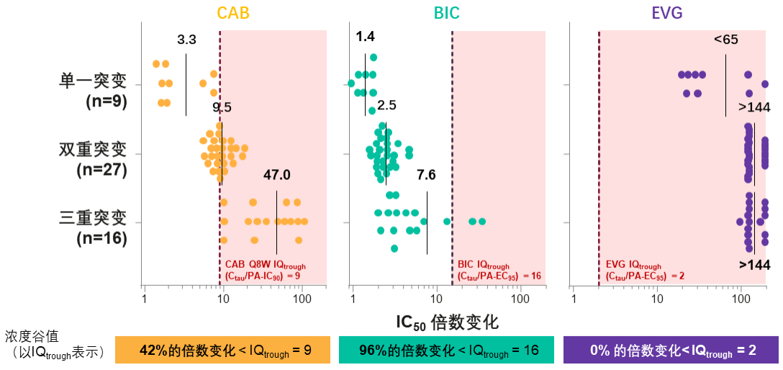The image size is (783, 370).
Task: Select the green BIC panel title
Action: pos(446,13)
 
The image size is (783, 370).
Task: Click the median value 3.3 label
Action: pos(186,40)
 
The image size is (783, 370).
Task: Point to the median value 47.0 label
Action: pos(276,175)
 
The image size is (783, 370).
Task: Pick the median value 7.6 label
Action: pos(426,175)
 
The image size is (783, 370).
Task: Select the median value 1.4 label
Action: pos(365,36)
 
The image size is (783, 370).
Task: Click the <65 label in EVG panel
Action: pos(725,40)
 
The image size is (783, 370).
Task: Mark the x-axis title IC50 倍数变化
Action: pos(447,321)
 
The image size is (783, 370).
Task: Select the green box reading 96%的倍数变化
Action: pos(446,351)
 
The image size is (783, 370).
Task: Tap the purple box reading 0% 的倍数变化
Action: pos(670,351)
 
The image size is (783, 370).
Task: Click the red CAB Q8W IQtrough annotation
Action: pos(265,269)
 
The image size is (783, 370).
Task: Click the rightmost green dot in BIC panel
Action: pos(482,221)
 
